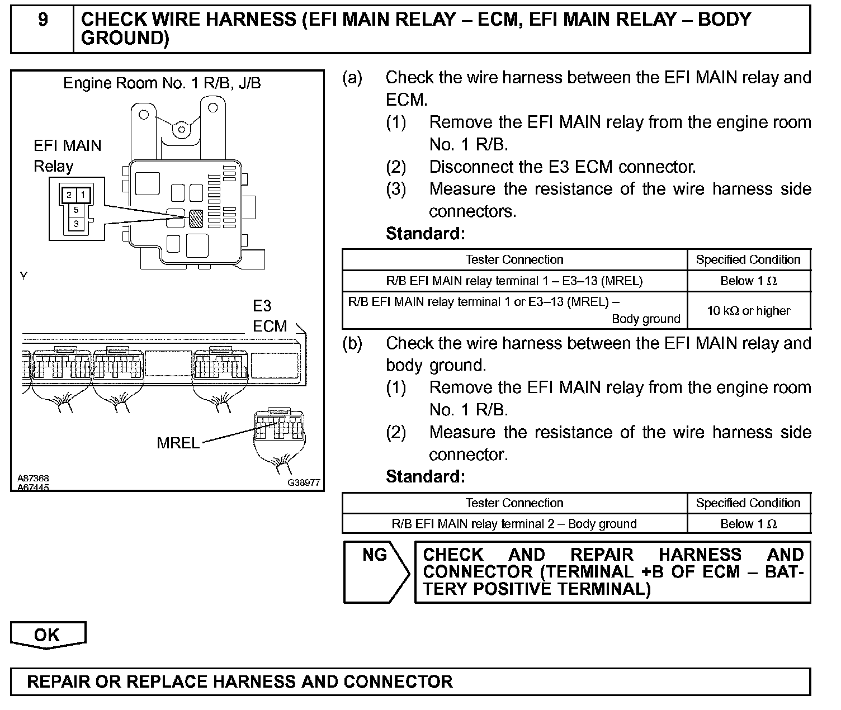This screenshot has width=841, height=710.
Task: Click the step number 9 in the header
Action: click(x=42, y=20)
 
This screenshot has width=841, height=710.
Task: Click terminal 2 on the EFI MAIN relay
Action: click(x=69, y=195)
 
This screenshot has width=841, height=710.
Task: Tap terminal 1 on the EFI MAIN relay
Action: click(x=83, y=195)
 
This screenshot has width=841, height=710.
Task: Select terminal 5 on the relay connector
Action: click(x=76, y=211)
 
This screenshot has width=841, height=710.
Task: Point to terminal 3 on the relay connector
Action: click(x=76, y=224)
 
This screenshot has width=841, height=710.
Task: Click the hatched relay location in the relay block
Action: click(x=196, y=218)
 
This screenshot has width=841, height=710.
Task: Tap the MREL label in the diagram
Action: click(x=178, y=443)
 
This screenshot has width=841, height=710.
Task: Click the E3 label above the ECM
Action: click(x=262, y=306)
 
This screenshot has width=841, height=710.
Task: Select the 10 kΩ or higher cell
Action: click(x=748, y=311)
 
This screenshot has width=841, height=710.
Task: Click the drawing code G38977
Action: click(x=304, y=482)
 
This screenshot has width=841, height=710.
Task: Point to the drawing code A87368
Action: click(x=33, y=479)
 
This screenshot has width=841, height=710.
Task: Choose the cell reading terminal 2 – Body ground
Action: click(x=514, y=524)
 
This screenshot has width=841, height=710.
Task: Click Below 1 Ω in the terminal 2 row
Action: click(x=748, y=524)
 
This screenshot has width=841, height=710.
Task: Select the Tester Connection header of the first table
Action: click(x=514, y=259)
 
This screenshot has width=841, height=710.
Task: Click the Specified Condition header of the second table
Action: click(x=748, y=503)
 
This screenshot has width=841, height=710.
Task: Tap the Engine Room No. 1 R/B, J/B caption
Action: click(x=162, y=83)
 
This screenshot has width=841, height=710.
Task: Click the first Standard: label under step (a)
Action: click(x=425, y=234)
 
